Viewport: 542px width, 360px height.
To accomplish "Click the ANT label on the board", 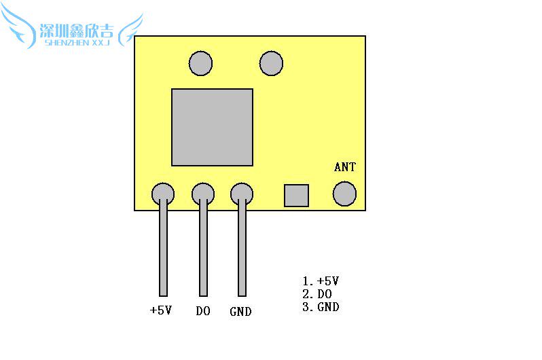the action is coord(344,167).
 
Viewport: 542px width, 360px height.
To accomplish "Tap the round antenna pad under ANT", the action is coord(344,194).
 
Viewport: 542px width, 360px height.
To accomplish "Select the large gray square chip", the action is coord(212,127).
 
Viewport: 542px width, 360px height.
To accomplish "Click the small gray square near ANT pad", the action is coord(296,196).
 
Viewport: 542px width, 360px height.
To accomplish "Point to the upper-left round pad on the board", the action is coord(200,63).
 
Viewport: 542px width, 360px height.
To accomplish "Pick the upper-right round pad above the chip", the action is coord(272,63).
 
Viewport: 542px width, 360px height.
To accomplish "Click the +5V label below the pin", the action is coord(161,310).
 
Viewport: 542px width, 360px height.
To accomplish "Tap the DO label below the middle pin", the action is coord(203,311).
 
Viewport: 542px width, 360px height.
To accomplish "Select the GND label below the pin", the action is coord(240,312).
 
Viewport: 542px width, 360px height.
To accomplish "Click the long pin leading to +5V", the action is coord(163,247).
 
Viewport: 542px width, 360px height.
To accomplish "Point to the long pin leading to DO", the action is coord(203,247).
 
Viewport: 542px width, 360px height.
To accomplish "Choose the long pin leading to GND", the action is coord(242,247).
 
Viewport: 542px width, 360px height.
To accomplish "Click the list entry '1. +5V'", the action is coord(321,281).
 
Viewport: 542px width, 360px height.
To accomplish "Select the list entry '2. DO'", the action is coord(317,294).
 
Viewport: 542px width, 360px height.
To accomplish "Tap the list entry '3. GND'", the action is coord(321,307).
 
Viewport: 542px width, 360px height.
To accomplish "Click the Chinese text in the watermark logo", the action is coord(76,31).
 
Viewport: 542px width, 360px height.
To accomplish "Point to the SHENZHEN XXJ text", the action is coord(77,43).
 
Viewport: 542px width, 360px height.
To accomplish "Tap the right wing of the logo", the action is coord(130,31).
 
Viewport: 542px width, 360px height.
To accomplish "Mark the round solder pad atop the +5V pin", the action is coord(163,194).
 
